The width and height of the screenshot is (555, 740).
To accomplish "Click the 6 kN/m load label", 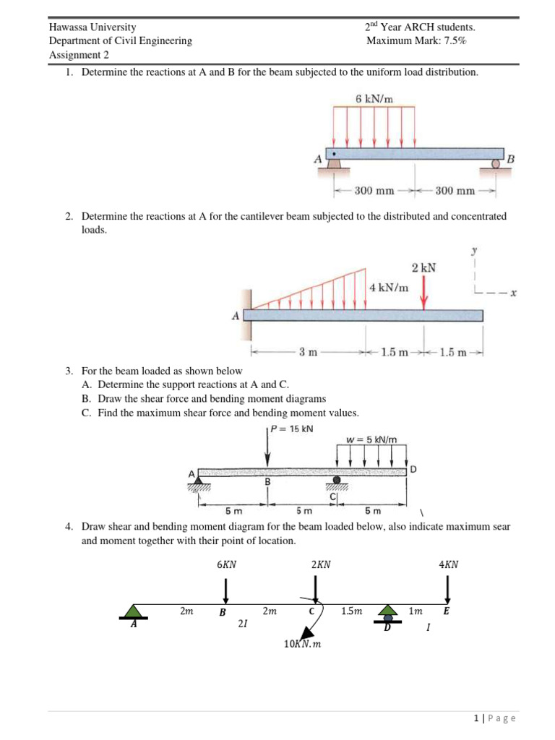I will (x=373, y=98).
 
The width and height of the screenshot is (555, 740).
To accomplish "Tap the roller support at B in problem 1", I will (x=496, y=164).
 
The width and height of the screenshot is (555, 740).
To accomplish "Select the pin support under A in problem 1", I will (x=333, y=164).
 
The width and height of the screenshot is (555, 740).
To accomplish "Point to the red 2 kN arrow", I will (x=424, y=292).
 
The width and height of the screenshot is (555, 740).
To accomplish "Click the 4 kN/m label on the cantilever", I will (x=389, y=288).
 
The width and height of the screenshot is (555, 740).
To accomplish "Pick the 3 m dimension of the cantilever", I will (x=307, y=353).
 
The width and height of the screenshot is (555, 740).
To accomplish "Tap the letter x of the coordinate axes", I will (x=512, y=293).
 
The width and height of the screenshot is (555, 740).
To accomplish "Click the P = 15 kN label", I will (x=292, y=429).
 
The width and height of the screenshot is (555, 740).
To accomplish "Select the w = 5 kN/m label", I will (x=371, y=439).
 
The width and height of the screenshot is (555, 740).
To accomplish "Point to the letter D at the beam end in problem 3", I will (x=413, y=470).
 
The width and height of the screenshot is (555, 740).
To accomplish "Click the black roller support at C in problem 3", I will (x=337, y=480).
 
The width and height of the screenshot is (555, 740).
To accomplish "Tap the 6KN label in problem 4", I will (x=226, y=565).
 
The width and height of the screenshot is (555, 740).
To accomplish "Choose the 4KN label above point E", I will (x=448, y=565).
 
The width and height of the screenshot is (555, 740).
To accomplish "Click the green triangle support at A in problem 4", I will (x=133, y=611).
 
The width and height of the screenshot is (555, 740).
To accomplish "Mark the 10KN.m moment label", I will (x=302, y=644).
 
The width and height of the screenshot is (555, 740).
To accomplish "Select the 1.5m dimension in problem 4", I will (x=351, y=611).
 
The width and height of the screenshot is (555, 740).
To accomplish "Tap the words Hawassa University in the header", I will (x=92, y=27).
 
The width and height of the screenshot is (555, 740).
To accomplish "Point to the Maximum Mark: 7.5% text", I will (x=416, y=40).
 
